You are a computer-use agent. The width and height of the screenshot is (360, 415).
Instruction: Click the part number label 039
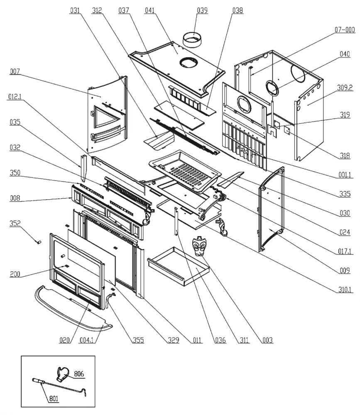click(x=203, y=10)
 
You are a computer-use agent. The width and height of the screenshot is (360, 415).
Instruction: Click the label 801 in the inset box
click(x=54, y=399)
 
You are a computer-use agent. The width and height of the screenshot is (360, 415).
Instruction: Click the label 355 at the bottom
click(x=139, y=341)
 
